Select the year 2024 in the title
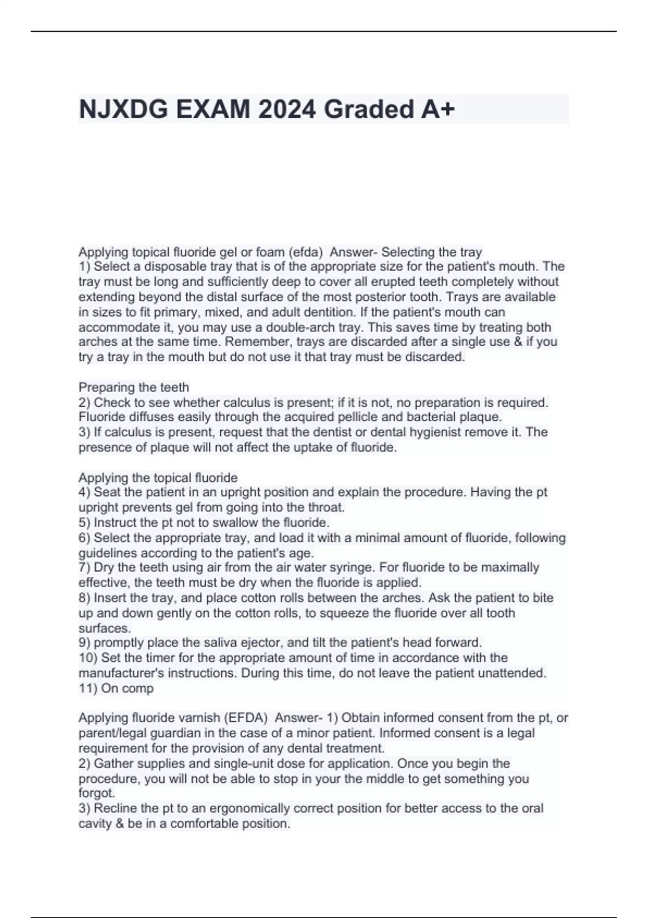click(x=286, y=110)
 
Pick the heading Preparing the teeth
click(x=134, y=387)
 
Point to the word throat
click(x=326, y=508)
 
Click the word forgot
click(x=96, y=793)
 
